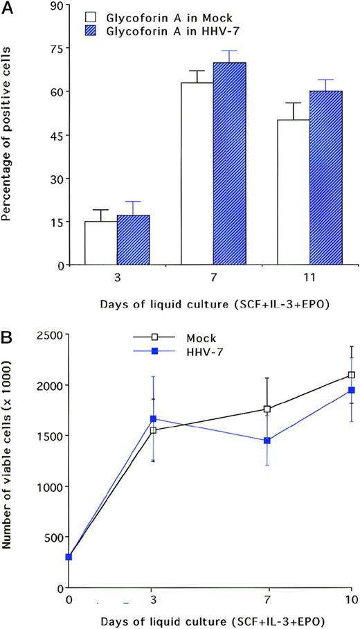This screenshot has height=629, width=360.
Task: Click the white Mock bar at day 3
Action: pos(100,243)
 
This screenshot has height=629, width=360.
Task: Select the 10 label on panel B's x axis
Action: pos(352,598)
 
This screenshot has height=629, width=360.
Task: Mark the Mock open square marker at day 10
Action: pos(352,375)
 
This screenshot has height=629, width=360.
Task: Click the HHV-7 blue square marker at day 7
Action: pos(267,441)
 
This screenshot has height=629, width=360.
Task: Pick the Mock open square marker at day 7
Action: pos(267,409)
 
